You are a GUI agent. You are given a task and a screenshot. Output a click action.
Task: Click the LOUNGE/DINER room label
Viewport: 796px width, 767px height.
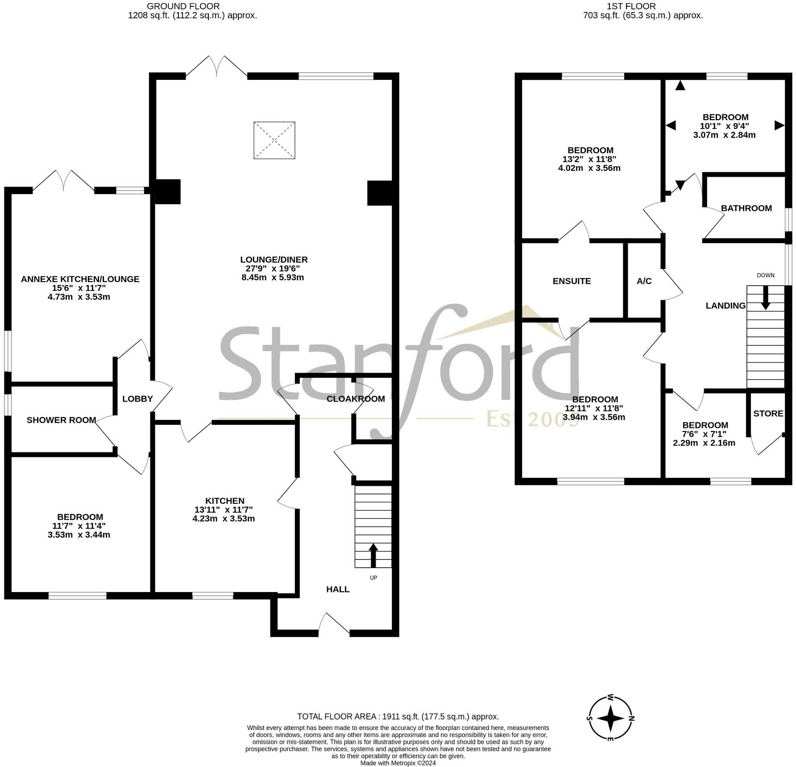click(x=274, y=260)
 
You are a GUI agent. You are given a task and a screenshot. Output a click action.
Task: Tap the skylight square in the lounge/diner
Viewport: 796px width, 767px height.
click(x=274, y=140)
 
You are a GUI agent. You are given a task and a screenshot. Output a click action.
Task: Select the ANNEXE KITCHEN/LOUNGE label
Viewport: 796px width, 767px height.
click(x=80, y=279)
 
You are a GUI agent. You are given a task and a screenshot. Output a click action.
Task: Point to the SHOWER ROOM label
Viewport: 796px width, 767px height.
click(x=61, y=420)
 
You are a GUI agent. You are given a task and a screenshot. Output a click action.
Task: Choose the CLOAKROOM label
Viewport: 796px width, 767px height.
click(x=355, y=399)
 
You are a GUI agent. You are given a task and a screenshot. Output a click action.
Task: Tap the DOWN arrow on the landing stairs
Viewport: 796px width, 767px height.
click(x=765, y=297)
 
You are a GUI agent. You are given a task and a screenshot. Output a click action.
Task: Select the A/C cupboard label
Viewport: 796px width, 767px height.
click(x=644, y=282)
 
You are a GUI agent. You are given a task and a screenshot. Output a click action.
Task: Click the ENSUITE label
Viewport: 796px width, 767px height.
click(x=572, y=282)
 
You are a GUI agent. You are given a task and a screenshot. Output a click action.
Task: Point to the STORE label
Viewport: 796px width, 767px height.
click(x=768, y=414)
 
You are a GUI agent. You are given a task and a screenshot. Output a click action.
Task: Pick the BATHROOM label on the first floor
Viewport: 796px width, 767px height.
click(x=746, y=208)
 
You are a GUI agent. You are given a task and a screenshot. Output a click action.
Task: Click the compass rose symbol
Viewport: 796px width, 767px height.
click(x=610, y=718)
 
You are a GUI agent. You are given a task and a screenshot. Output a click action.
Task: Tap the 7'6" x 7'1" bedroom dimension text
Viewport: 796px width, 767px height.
click(x=705, y=434)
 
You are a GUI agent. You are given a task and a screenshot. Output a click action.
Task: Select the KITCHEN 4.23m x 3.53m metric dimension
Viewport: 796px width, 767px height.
click(x=224, y=519)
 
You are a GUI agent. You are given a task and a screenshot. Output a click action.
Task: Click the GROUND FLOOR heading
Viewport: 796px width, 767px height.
click(x=183, y=6)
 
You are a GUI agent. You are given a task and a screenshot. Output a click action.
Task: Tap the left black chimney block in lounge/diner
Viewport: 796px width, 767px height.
click(x=167, y=192)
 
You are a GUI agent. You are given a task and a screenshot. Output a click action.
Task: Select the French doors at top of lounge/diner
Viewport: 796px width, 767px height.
click(x=216, y=67)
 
